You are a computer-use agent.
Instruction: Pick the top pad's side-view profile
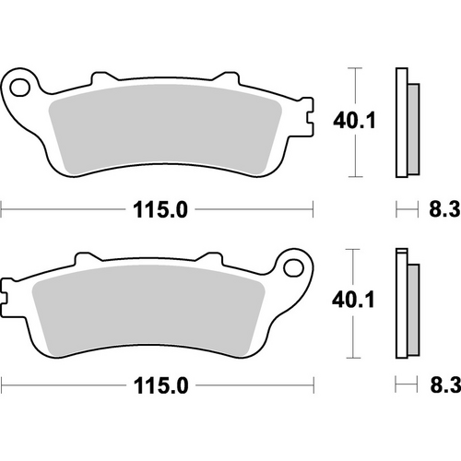pos(403,123)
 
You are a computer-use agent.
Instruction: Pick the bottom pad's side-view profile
pos(403,303)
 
